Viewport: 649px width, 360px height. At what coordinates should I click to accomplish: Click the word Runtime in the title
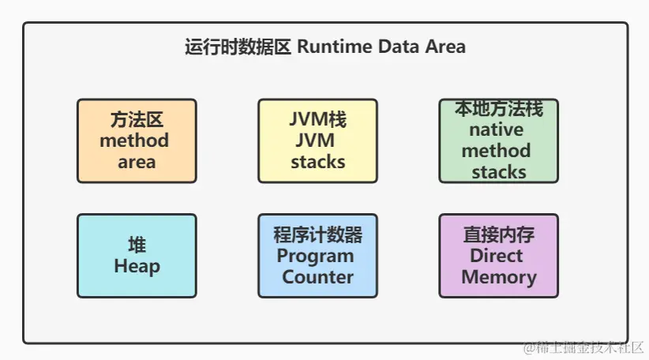335,47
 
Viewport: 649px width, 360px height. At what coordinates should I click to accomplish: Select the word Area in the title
445,47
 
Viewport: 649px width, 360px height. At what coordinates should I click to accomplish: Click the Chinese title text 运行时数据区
238,47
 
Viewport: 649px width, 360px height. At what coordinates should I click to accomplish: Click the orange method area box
137,141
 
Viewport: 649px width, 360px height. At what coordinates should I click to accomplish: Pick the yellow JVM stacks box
318,141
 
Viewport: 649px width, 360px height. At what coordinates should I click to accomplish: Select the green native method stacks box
499,141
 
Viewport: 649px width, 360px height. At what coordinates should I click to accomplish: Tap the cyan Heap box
137,256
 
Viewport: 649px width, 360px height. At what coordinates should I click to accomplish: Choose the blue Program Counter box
318,256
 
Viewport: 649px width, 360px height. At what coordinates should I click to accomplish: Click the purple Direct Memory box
499,256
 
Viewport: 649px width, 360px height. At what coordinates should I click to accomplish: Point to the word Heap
137,267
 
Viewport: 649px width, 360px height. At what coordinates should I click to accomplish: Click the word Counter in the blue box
318,277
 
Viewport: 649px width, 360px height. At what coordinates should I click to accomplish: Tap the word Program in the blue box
315,257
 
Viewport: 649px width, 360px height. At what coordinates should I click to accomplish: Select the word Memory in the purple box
499,277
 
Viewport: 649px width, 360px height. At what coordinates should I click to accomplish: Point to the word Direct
497,255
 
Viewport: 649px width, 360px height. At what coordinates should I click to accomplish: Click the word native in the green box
497,129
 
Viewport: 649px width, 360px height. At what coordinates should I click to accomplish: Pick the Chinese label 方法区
137,119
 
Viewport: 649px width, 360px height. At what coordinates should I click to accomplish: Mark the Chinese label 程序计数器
318,234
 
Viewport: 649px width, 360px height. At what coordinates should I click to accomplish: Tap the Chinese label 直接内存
499,234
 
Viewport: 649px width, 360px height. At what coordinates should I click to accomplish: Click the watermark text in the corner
583,347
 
